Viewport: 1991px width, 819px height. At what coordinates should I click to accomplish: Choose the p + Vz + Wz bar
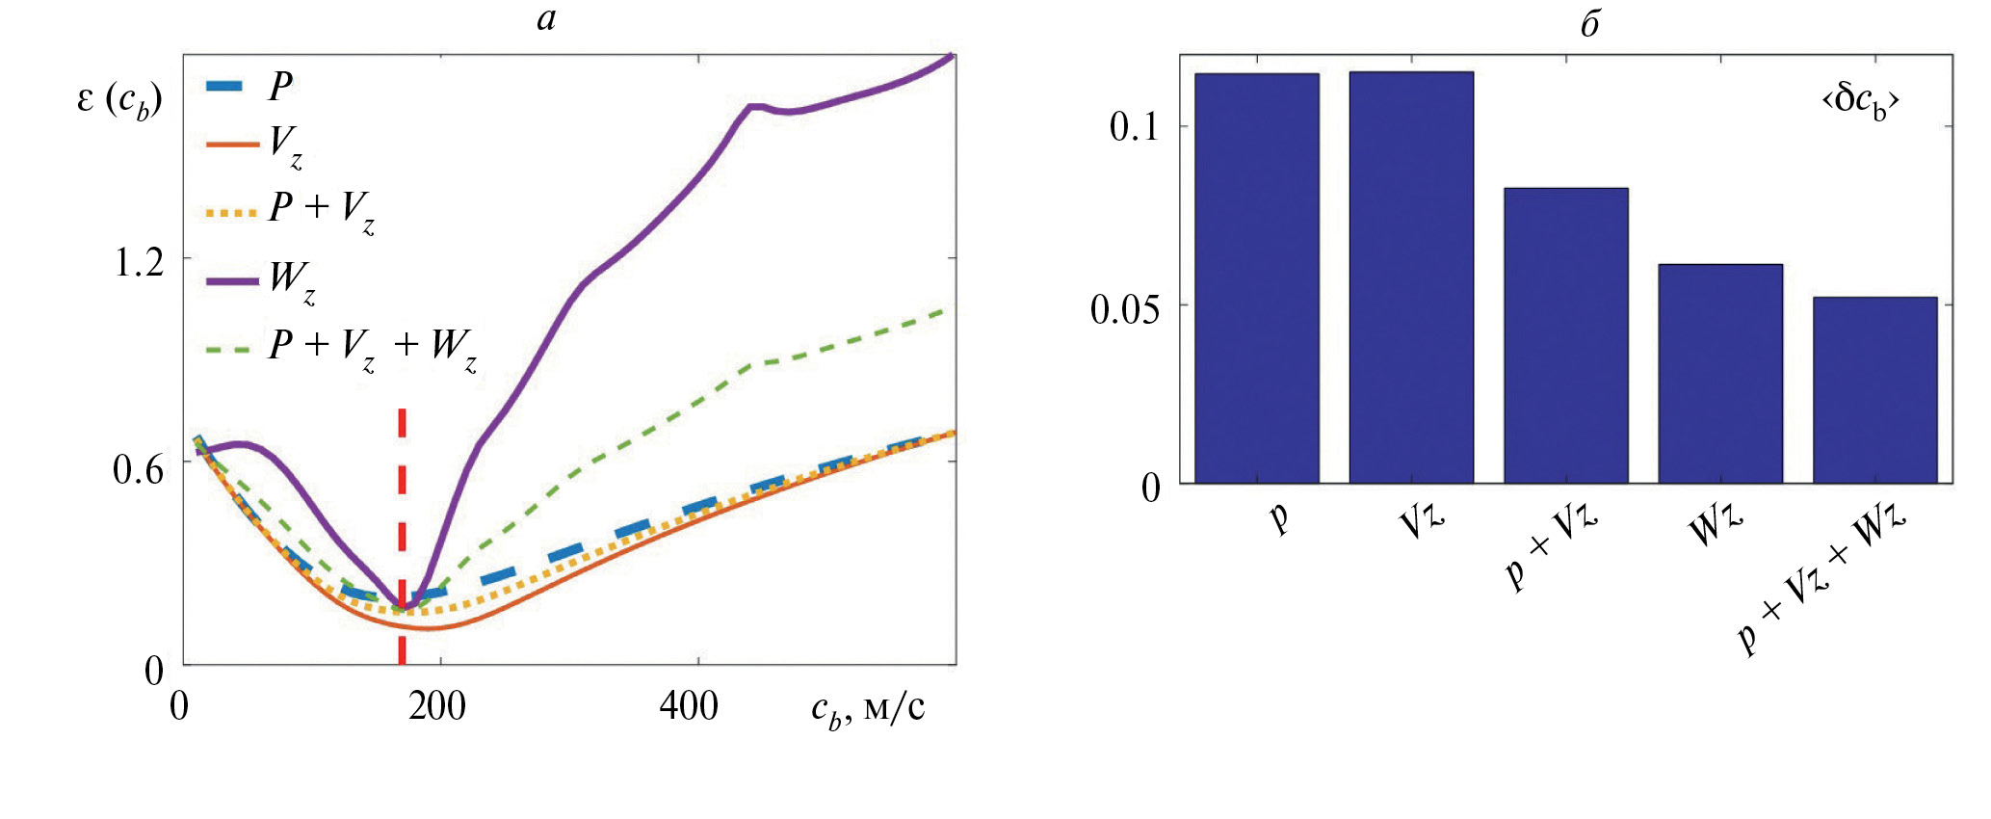pos(1874,390)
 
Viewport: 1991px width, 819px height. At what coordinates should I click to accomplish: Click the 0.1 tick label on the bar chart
pos(1135,127)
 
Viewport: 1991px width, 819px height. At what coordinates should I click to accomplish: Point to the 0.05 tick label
pos(1125,309)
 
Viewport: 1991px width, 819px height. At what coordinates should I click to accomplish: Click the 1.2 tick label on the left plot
pos(140,262)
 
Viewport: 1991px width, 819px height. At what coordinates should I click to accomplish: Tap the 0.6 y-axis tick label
pos(140,469)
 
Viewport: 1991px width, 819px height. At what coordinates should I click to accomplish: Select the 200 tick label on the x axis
pos(437,706)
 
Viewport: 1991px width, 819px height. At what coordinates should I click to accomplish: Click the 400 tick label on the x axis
pos(689,706)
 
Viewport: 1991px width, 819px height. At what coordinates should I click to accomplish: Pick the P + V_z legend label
pos(322,210)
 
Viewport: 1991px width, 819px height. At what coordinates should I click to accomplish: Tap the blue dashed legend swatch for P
pos(232,86)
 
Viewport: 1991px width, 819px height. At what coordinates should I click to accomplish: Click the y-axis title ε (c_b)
pos(119,101)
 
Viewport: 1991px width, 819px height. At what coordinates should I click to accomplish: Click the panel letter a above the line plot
pos(546,19)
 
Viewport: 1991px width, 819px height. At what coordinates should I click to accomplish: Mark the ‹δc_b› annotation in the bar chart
pos(1859,100)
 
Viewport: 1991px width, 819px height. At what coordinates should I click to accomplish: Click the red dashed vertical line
pos(402,501)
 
